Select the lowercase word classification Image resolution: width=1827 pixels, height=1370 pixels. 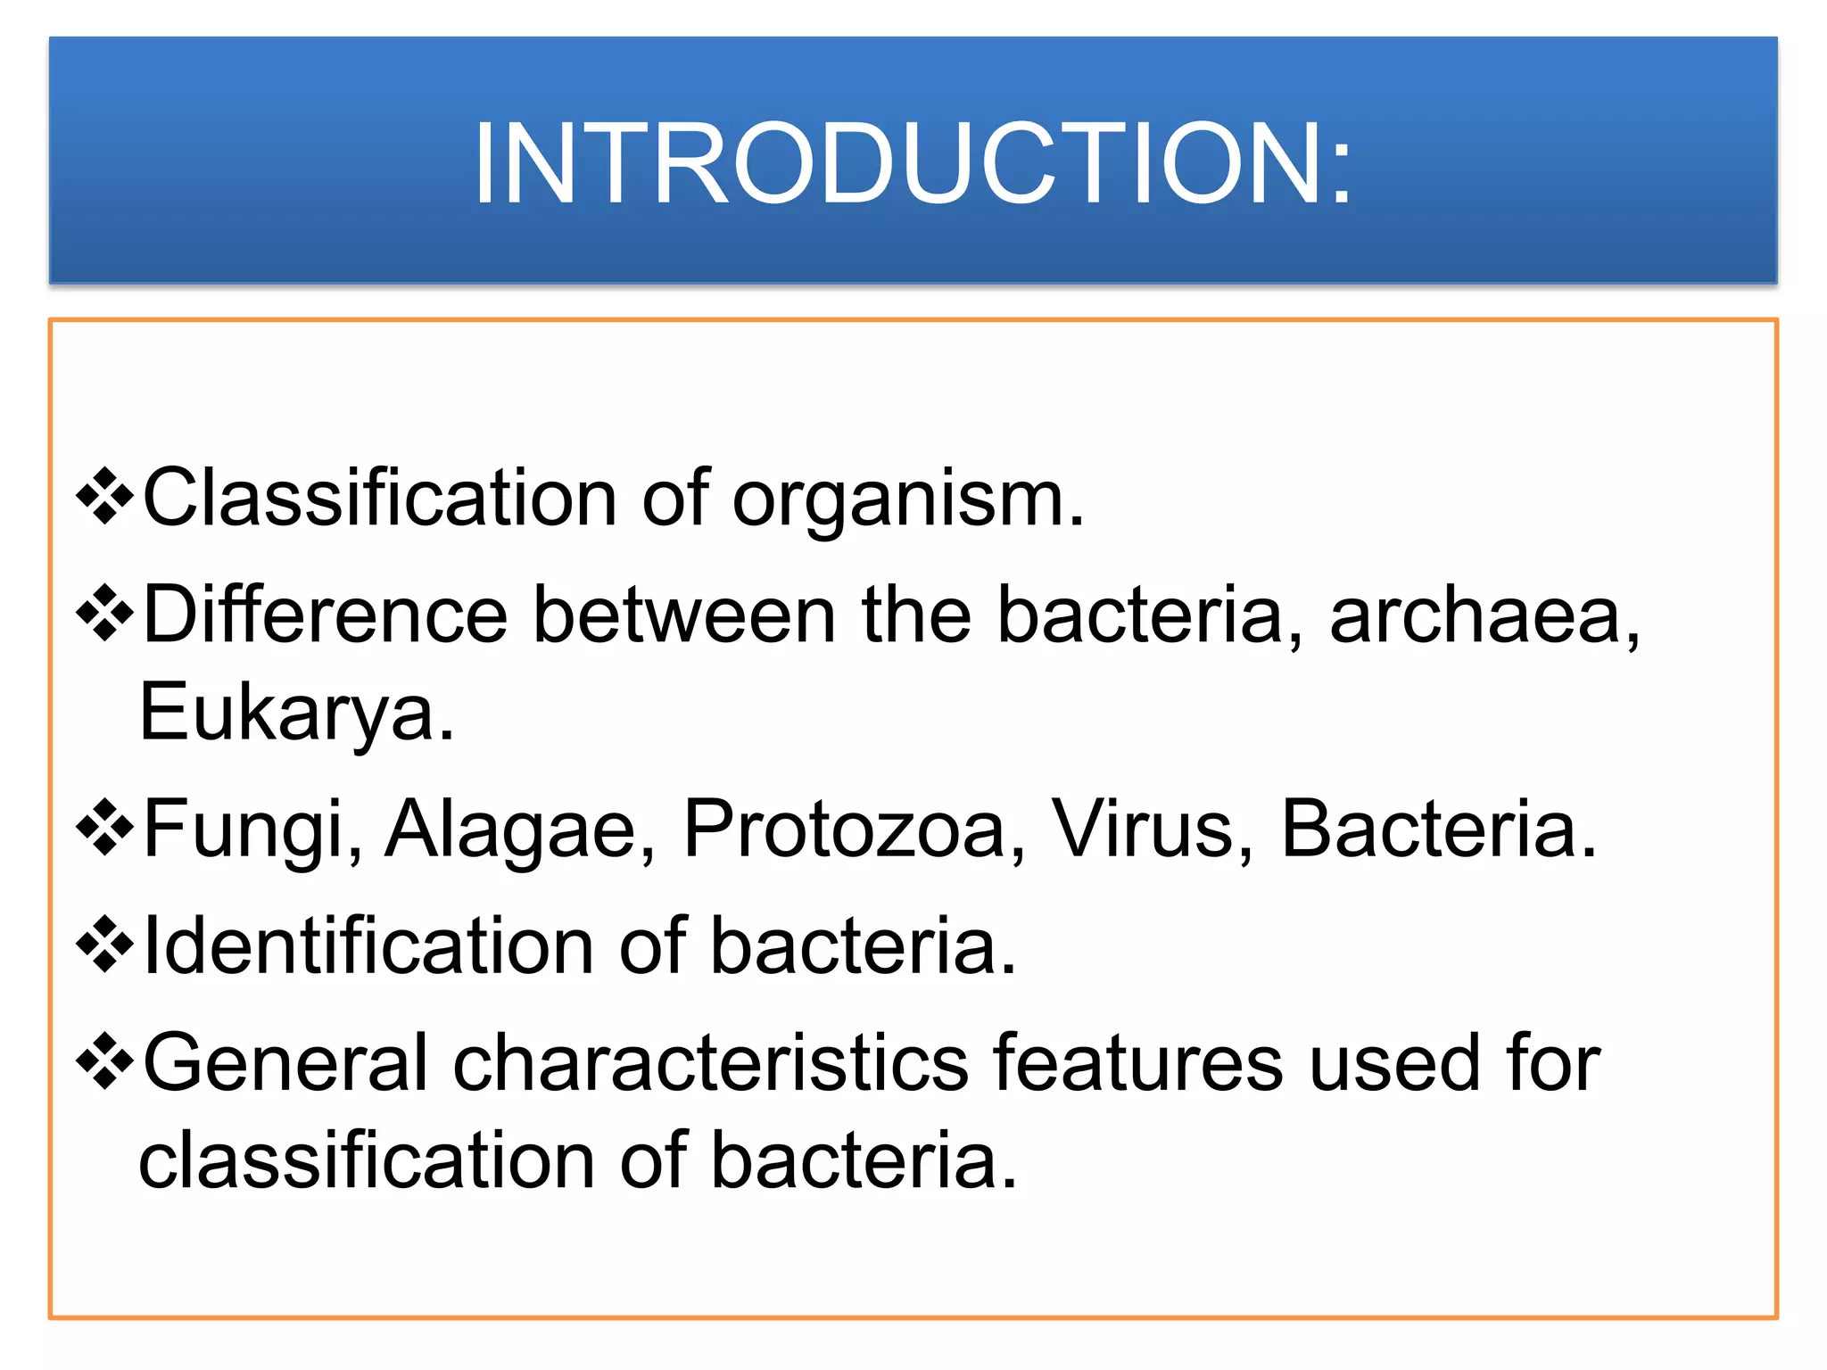click(x=367, y=1160)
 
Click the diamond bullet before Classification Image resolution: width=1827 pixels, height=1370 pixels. click(x=105, y=496)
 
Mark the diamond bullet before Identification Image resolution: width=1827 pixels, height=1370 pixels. click(x=105, y=944)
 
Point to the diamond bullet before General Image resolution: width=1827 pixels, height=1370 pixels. click(x=105, y=1060)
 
